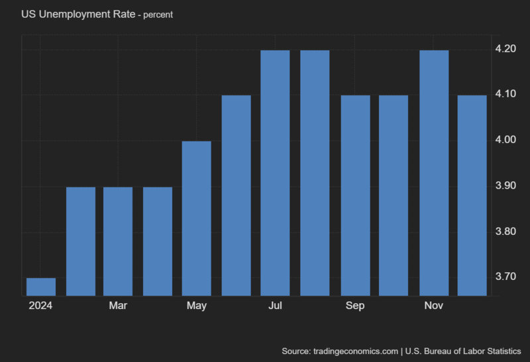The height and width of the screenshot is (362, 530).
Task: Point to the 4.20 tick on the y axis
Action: pyautogui.click(x=506, y=49)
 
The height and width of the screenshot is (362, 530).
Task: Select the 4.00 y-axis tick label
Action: pyautogui.click(x=506, y=140)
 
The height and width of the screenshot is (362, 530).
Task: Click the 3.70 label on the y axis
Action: pyautogui.click(x=506, y=276)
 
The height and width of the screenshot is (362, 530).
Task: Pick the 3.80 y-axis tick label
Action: pyautogui.click(x=506, y=231)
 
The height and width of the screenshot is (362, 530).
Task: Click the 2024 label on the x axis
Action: pyautogui.click(x=40, y=305)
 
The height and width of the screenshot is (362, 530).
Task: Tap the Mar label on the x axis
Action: pyautogui.click(x=118, y=305)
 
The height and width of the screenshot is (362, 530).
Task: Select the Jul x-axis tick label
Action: pyautogui.click(x=276, y=305)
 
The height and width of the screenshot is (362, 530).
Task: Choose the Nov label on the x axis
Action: pyautogui.click(x=433, y=305)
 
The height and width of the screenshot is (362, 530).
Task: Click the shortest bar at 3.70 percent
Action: pyautogui.click(x=41, y=287)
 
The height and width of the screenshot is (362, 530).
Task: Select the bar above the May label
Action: pyautogui.click(x=197, y=218)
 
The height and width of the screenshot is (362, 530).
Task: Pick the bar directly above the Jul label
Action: pyautogui.click(x=275, y=173)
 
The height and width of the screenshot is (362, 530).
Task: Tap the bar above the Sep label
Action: pyautogui.click(x=355, y=195)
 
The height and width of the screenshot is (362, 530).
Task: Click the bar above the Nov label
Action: pyautogui.click(x=434, y=173)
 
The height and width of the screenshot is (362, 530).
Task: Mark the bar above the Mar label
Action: pyautogui.click(x=118, y=241)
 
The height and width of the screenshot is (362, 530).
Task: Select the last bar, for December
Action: pyautogui.click(x=472, y=195)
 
